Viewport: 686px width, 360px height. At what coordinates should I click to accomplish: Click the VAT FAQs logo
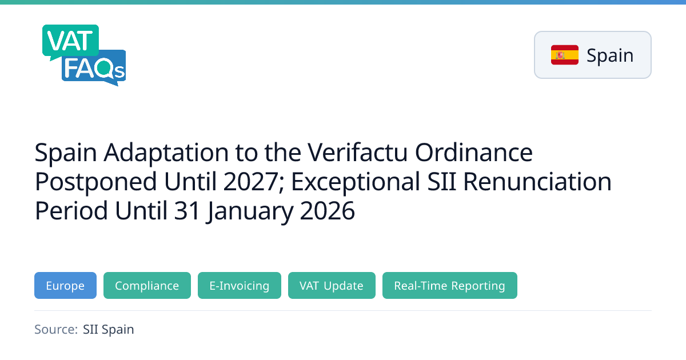84,55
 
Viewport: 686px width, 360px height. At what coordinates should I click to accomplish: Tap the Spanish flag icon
564,55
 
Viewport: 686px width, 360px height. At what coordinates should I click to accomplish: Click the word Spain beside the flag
610,56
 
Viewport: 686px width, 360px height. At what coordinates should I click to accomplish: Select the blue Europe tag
65,285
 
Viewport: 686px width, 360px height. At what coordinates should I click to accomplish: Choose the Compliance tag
147,285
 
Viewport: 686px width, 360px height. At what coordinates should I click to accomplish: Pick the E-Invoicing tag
239,285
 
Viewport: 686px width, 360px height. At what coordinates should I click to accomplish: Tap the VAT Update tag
332,285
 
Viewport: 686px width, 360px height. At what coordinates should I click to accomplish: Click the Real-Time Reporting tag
449,285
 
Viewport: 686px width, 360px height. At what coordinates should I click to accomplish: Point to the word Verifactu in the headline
357,152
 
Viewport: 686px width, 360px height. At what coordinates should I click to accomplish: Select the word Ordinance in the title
474,152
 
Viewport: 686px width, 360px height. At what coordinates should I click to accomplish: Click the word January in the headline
249,211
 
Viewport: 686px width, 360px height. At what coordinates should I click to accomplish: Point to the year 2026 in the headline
327,211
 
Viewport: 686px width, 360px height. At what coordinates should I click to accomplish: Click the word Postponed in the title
96,182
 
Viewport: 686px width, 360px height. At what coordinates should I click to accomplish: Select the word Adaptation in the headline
166,153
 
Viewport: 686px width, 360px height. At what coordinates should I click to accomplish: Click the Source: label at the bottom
56,329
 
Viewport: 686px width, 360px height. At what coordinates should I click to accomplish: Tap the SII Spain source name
109,330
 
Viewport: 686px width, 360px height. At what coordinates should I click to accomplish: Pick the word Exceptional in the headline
355,182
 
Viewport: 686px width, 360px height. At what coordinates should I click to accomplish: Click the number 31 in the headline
187,211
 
